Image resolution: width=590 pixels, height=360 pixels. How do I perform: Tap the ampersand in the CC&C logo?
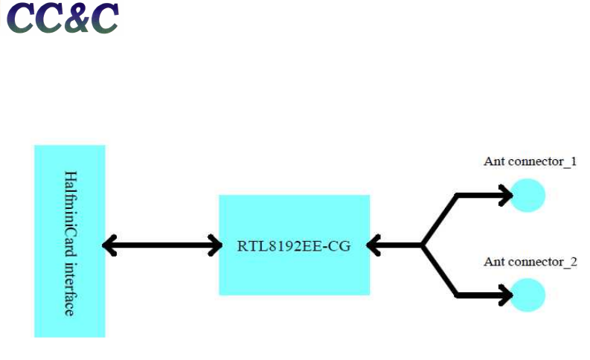74,20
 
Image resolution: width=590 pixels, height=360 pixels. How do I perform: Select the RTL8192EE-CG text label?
293,245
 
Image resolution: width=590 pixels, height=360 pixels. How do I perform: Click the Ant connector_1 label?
530,161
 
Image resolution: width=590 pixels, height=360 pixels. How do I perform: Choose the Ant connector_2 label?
530,262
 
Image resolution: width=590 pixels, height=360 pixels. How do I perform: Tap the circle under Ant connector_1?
529,196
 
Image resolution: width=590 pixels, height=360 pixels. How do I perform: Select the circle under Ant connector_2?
529,295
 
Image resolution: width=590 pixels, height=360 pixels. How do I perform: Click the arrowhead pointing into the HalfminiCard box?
109,245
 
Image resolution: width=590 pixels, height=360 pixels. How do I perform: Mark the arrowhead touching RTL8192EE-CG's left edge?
215,245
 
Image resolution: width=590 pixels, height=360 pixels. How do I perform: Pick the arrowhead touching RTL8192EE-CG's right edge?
374,245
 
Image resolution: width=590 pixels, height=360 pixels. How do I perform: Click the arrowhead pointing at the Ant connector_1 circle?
505,196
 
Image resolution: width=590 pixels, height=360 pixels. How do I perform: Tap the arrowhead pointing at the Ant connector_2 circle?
505,295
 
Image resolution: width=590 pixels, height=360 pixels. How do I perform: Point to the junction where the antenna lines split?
423,245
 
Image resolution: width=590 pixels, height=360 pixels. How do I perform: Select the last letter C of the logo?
103,19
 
